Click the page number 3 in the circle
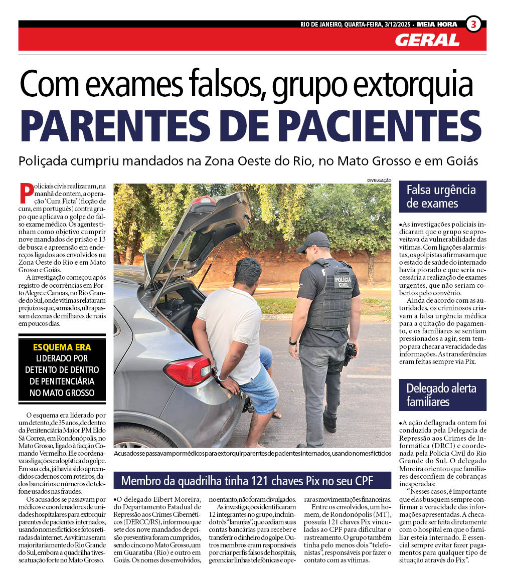pos(473,24)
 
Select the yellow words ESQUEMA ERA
pos(62,347)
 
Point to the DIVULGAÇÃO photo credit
pos(379,180)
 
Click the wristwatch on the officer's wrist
pos(293,341)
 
